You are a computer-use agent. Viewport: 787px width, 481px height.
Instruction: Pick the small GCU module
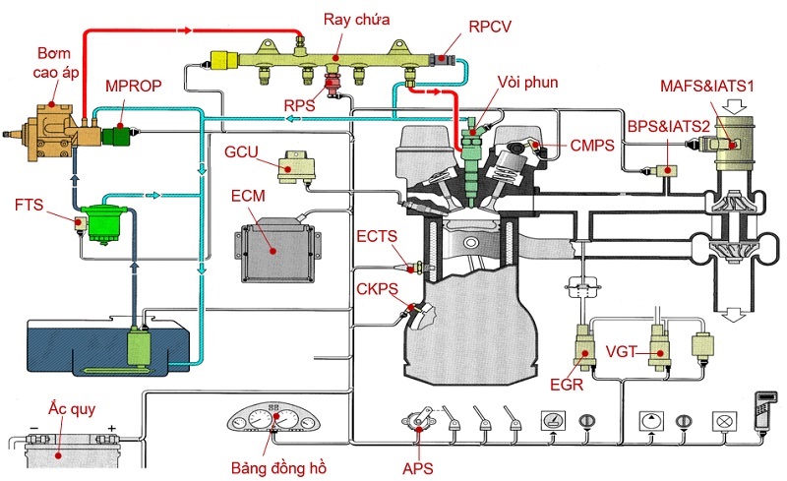point(293,167)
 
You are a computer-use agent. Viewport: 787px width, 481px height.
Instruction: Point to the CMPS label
point(592,147)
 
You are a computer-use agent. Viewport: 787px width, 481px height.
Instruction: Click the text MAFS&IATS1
point(707,86)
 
